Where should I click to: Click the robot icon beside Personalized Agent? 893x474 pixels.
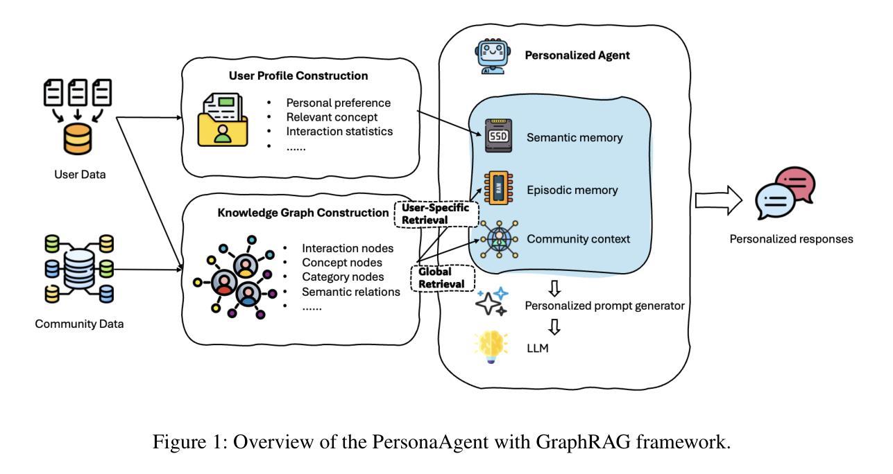coord(491,55)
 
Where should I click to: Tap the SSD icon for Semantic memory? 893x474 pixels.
coord(499,137)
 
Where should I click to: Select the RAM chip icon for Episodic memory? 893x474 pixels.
coord(497,188)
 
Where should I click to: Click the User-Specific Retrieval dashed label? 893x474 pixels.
coord(436,213)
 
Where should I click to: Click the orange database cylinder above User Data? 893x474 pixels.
coord(77,140)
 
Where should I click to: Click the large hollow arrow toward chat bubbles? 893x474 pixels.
coord(719,199)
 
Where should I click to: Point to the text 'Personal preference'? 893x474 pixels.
coord(339,103)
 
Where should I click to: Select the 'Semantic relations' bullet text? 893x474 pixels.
coord(351,292)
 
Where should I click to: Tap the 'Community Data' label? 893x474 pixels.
coord(79,324)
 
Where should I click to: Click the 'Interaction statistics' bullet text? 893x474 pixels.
coord(339,131)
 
